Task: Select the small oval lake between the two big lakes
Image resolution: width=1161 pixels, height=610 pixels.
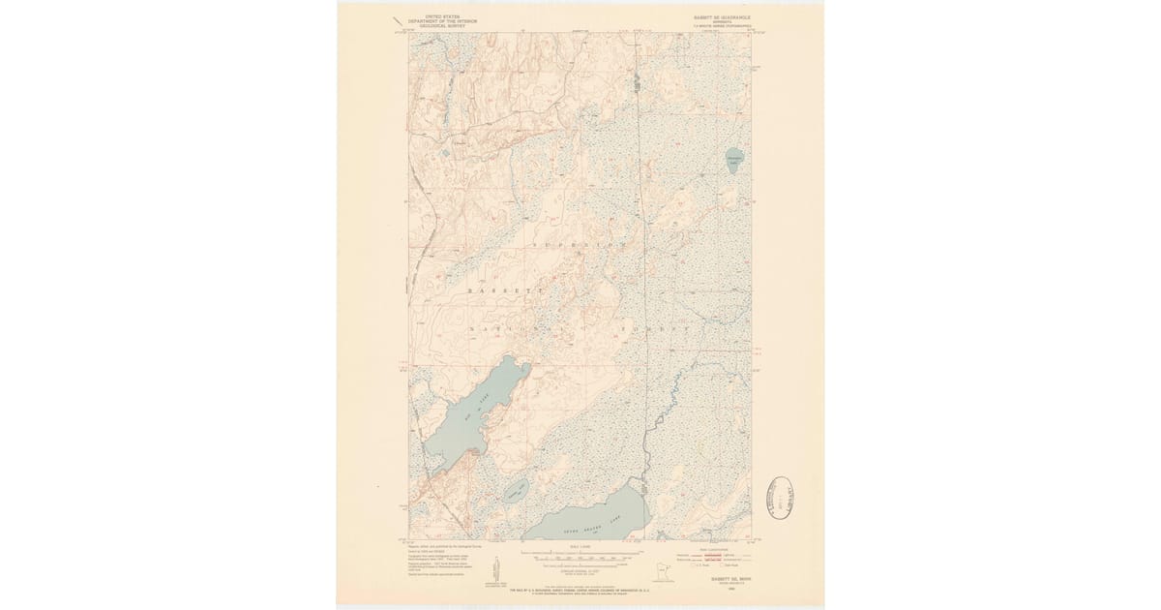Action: [514, 489]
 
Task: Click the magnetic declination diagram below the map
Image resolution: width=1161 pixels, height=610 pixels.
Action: [496, 568]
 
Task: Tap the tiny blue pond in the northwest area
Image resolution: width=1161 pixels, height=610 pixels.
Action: [444, 151]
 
